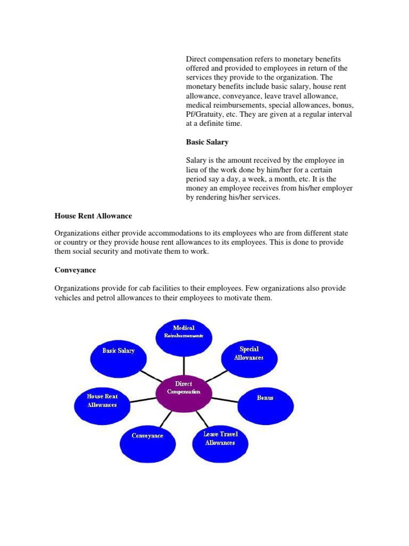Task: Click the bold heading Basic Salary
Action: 207,142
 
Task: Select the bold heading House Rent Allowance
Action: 93,216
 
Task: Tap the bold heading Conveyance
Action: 75,270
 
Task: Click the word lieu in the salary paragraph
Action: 192,170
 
